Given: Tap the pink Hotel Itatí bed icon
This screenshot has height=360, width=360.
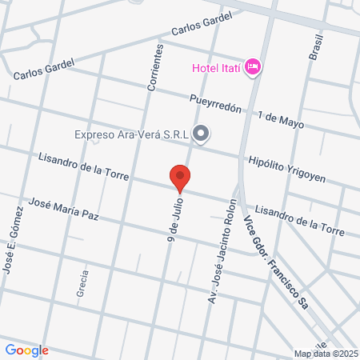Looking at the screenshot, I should pyautogui.click(x=253, y=66).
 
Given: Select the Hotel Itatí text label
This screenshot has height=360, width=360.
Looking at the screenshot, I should pyautogui.click(x=217, y=66).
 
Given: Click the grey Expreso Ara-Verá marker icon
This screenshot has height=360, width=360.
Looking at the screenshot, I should pyautogui.click(x=201, y=134).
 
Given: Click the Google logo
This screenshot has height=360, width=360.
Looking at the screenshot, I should pyautogui.click(x=26, y=350).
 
